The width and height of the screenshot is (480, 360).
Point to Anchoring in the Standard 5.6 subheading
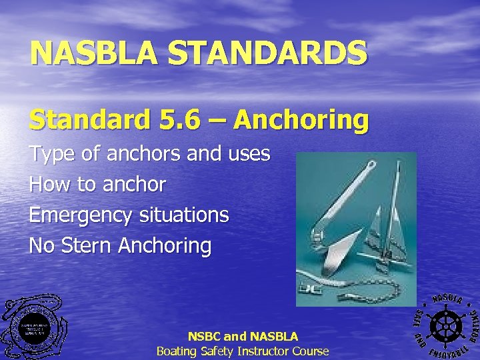[x=301, y=120]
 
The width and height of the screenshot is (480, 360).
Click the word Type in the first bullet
[x=51, y=155]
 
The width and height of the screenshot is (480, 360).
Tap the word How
[x=50, y=185]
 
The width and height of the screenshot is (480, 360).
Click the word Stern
[x=87, y=245]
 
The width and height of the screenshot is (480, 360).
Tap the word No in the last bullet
[x=41, y=245]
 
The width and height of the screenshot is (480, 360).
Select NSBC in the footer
[x=204, y=337]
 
